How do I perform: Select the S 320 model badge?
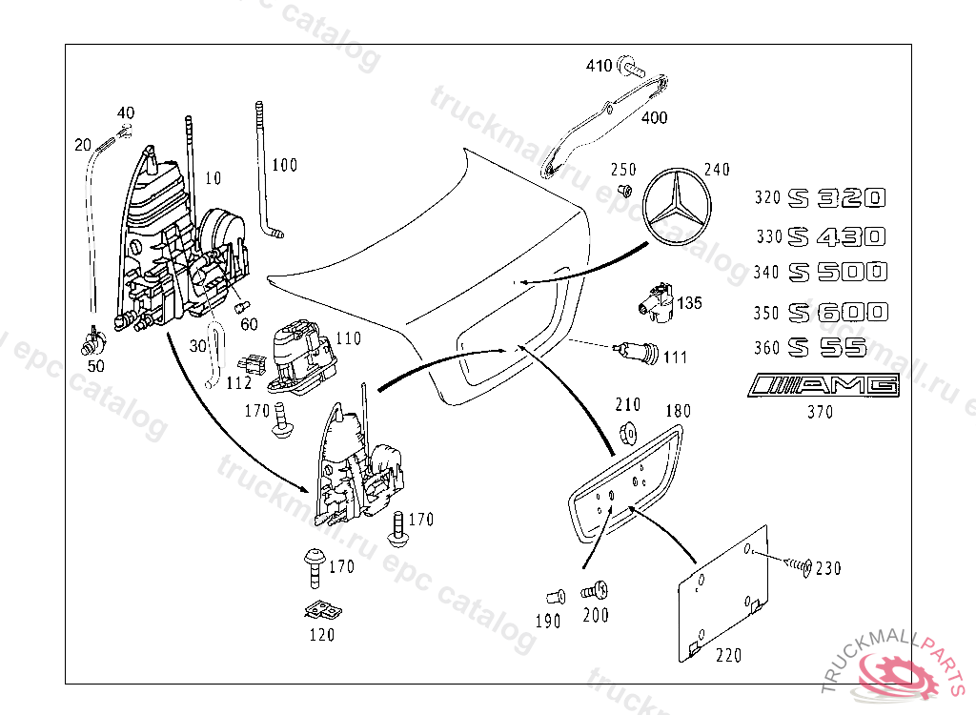click(x=837, y=198)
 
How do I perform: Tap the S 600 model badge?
click(x=838, y=312)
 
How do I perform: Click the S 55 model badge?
click(x=827, y=348)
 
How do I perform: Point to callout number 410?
click(x=599, y=66)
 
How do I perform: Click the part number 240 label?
click(x=717, y=171)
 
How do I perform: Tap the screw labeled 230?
click(x=799, y=566)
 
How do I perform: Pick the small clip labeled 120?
click(x=324, y=611)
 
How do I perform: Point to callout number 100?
click(x=284, y=165)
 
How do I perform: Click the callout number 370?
click(x=819, y=412)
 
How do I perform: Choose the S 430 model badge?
click(x=837, y=235)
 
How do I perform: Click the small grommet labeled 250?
click(x=626, y=190)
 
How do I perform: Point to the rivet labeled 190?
click(x=554, y=598)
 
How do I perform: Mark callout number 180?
click(x=678, y=411)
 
